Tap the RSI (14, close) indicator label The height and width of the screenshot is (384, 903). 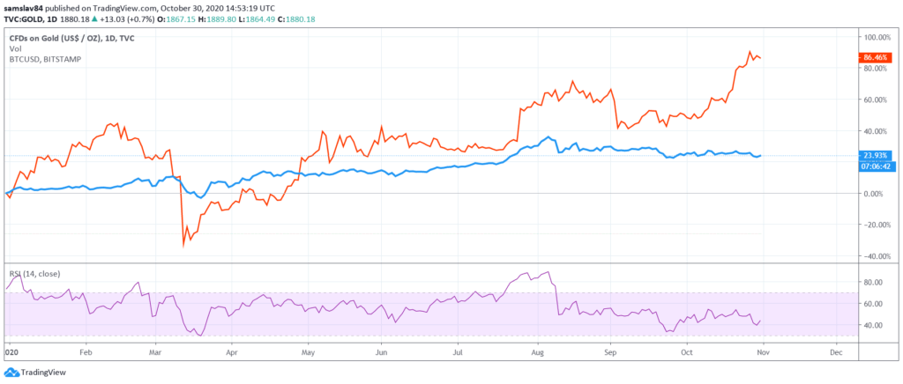(x=34, y=274)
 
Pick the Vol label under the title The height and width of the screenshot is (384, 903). (x=15, y=48)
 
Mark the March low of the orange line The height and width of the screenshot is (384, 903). (x=183, y=245)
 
